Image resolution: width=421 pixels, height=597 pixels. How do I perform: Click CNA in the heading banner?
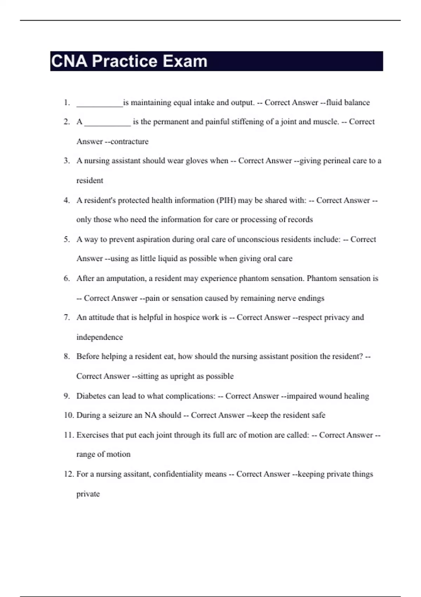(69, 61)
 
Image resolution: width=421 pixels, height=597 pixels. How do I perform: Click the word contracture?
(129, 142)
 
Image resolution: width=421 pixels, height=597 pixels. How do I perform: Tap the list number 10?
(69, 415)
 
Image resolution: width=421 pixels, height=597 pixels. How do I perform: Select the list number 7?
(67, 317)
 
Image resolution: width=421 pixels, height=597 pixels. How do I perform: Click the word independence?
(100, 337)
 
